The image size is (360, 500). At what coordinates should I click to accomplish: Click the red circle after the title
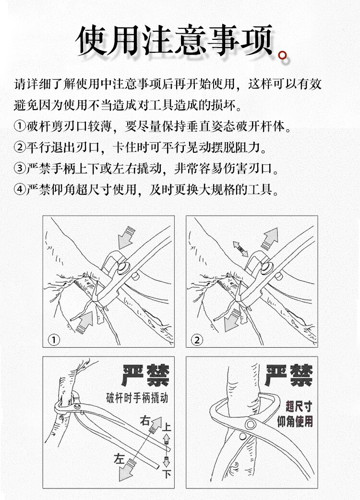(283, 56)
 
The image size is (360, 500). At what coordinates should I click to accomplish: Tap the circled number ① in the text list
(20, 126)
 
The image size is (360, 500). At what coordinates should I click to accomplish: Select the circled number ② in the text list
(20, 147)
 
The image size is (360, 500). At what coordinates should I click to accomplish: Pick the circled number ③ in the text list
(20, 168)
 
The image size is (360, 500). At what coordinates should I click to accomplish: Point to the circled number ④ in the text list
(20, 189)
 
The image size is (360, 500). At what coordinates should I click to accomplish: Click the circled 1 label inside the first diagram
(54, 340)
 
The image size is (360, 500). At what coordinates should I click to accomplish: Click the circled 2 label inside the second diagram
(197, 340)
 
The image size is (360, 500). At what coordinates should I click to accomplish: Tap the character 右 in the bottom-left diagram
(144, 421)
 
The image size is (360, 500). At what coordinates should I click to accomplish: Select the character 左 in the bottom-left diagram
(119, 459)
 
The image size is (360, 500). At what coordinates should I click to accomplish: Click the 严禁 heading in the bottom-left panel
(145, 376)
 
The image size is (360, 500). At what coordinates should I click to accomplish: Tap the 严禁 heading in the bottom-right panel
(288, 376)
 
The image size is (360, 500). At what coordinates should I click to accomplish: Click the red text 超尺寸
(299, 406)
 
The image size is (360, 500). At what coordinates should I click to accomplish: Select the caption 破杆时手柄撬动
(137, 398)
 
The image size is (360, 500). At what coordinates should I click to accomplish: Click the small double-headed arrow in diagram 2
(240, 249)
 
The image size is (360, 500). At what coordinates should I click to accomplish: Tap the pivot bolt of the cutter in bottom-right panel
(251, 425)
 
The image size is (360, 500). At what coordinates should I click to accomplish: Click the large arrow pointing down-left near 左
(126, 470)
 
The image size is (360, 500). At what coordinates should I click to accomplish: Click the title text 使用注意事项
(175, 40)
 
